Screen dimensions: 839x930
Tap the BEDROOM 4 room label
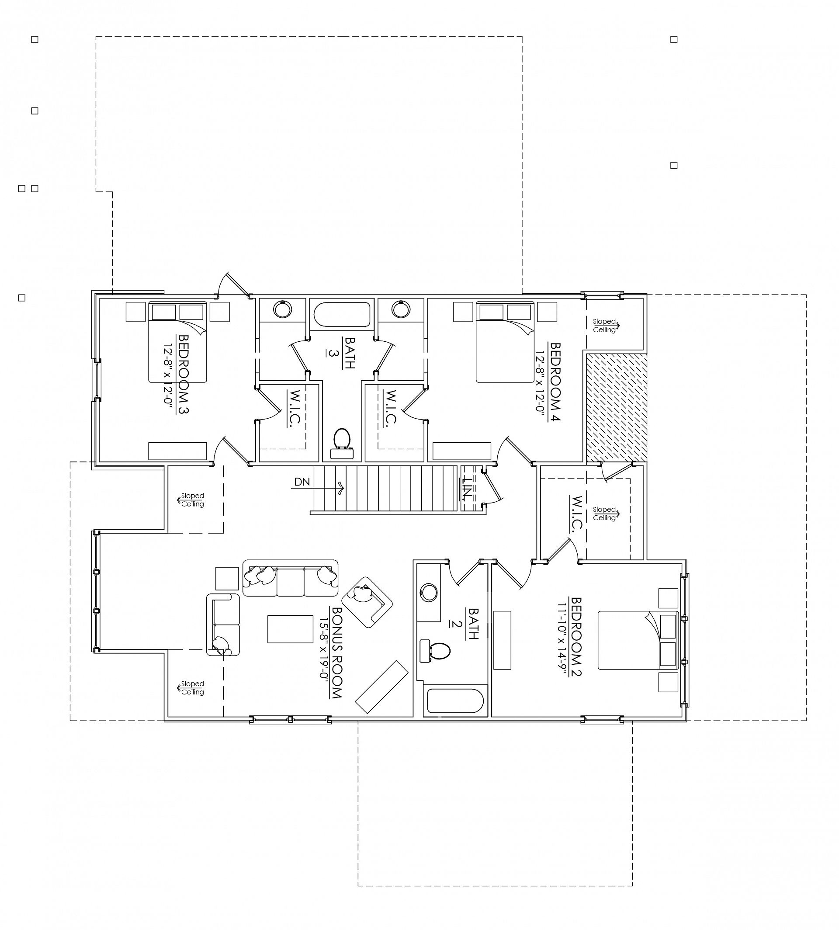coord(555,382)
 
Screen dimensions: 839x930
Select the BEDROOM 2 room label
coord(576,637)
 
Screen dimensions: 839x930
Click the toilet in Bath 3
coord(342,443)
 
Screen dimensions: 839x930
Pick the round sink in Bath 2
coord(429,593)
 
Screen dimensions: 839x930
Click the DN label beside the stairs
coord(302,482)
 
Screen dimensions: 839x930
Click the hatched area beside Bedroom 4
coord(616,408)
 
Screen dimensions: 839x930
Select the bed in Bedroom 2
coord(638,640)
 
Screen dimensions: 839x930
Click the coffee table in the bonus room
coord(291,628)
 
